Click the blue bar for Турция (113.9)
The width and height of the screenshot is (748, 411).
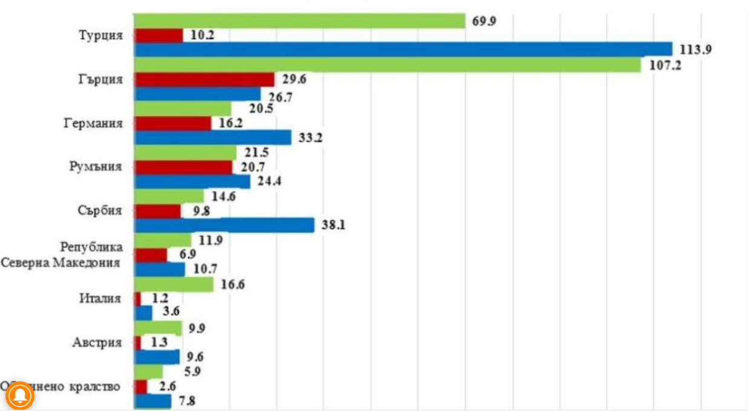403,50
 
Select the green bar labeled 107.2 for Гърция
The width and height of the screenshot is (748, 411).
387,65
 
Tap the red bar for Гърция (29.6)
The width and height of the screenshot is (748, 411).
204,79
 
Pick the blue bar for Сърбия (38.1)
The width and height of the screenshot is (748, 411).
224,225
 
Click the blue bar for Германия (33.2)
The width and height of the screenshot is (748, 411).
212,138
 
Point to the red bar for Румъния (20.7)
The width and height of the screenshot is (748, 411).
183,167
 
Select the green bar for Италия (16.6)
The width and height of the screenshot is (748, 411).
174,285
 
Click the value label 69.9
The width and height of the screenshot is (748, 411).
485,22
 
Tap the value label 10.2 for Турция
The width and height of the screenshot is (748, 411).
202,36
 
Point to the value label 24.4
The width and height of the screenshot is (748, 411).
270,182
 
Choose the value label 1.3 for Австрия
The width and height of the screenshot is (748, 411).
158,343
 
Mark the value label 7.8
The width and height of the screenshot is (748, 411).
187,401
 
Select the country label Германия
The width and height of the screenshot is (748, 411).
93,123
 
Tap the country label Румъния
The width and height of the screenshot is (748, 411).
97,167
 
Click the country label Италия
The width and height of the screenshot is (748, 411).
100,299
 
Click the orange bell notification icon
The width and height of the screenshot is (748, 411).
19,396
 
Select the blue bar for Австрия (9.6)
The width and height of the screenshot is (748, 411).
157,357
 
